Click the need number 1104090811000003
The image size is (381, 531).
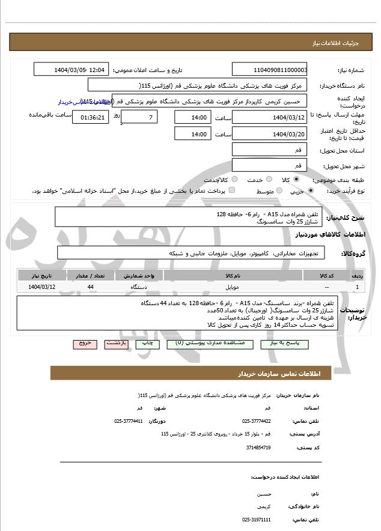[x=270, y=70]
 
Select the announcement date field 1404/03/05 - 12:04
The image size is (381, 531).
[x=72, y=70]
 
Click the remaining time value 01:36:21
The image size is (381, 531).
[x=91, y=117]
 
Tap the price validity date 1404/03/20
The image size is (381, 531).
[x=270, y=134]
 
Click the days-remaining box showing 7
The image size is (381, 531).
[x=141, y=117]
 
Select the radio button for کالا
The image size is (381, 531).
[x=296, y=180]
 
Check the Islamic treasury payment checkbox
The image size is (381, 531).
[x=233, y=191]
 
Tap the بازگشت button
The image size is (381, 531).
[x=116, y=344]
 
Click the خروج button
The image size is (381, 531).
[x=85, y=344]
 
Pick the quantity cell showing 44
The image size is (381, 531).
[x=90, y=287]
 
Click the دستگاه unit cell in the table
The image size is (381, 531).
[x=139, y=287]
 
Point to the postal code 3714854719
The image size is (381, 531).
[x=258, y=448]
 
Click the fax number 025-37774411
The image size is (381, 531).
[x=129, y=421]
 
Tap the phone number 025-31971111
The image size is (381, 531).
[x=257, y=520]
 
